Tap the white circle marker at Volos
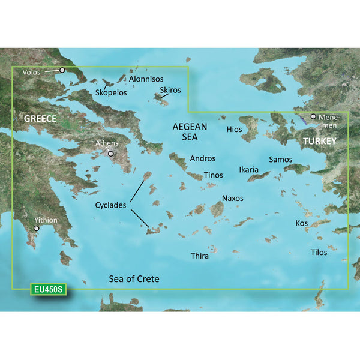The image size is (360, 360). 61,70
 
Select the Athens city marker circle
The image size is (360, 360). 111,154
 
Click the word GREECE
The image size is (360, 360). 40,119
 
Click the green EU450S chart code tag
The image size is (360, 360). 49,290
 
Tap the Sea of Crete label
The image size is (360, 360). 134,279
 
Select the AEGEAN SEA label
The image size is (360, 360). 190,132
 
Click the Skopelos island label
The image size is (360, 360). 110,94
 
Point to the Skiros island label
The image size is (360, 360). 170,91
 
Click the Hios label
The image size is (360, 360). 234,129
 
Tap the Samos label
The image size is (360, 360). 280,160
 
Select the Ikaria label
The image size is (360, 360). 248,170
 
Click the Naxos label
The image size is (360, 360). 233,198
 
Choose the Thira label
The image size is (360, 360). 199,256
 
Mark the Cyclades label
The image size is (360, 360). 110,205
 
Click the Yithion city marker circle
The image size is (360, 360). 37,229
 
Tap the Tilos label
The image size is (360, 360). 319,252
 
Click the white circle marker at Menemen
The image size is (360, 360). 313,116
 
